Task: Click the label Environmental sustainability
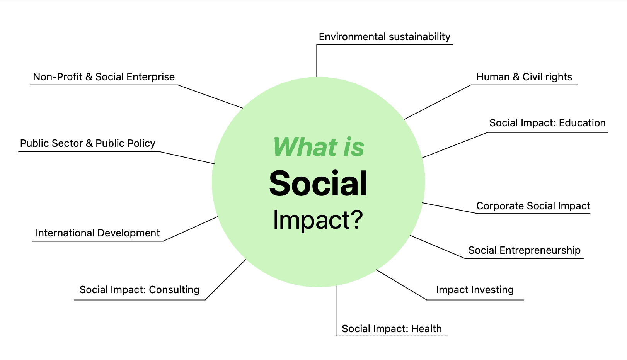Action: coord(385,37)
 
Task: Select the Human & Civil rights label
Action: coord(524,77)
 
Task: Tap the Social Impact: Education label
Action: coord(547,123)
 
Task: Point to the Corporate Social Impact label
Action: coord(533,206)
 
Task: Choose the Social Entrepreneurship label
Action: coord(524,250)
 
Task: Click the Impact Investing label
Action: coord(475,290)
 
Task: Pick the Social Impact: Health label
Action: coord(392,329)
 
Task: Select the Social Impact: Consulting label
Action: coord(140,290)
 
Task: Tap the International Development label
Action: coord(97,233)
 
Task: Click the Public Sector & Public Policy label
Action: coord(88,143)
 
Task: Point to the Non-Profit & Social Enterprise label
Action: coord(104,77)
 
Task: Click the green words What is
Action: coord(319,146)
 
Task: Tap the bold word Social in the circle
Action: coord(318,183)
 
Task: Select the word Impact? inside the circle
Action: coord(318,220)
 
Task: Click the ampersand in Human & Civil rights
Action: coord(516,77)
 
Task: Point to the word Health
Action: coord(427,329)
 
